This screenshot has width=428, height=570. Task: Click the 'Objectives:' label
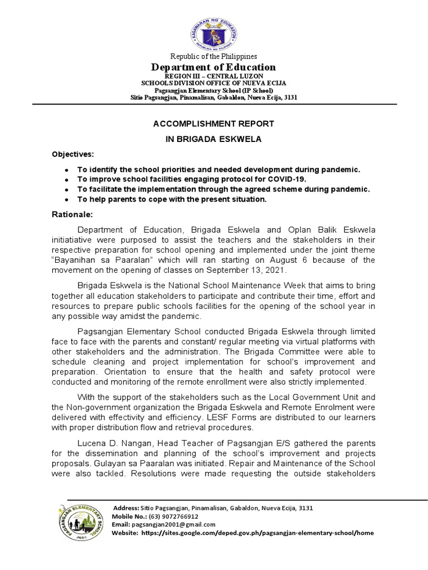pos(73,154)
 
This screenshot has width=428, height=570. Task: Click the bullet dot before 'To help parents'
pos(67,199)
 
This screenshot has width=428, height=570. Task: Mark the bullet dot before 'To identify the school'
pos(67,169)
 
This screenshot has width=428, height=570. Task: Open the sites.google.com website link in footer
pos(258,533)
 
